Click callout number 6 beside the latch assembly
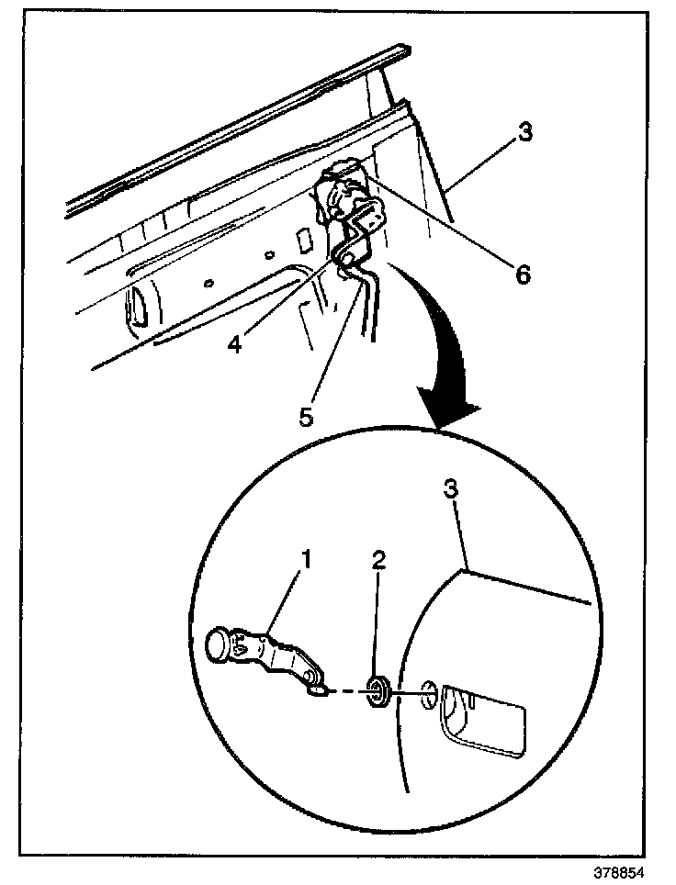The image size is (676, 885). (x=522, y=274)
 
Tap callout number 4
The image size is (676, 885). (x=235, y=344)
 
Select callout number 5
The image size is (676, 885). (x=306, y=415)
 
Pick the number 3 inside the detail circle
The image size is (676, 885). (x=451, y=489)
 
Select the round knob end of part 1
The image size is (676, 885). (x=220, y=644)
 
